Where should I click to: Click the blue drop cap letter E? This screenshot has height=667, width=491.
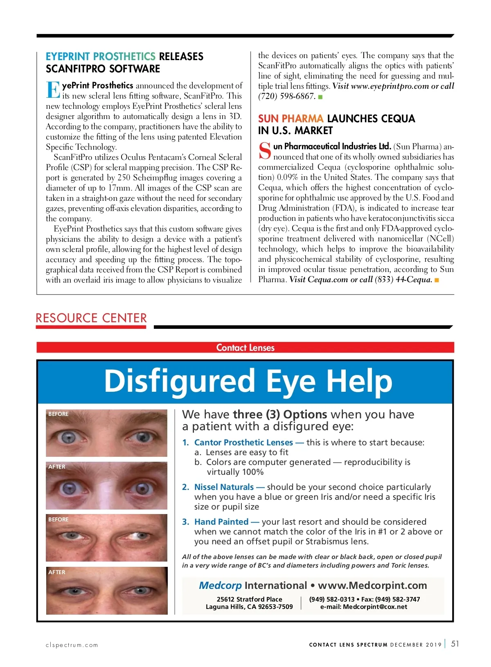click(x=53, y=90)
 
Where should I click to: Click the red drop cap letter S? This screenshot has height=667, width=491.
click(x=265, y=151)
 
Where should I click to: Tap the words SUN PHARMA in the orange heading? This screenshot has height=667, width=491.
click(x=291, y=119)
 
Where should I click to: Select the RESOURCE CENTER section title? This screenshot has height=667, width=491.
click(x=91, y=318)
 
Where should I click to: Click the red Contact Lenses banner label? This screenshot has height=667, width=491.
click(x=245, y=348)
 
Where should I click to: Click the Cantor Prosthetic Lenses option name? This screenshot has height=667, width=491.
click(x=243, y=442)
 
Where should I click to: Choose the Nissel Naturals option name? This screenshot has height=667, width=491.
click(x=224, y=487)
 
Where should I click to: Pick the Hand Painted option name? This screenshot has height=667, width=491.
click(x=221, y=522)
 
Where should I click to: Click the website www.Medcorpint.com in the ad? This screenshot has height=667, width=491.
click(x=372, y=586)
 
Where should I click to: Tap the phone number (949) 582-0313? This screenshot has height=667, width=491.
click(x=332, y=599)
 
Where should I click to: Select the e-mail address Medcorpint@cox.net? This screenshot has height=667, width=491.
click(x=375, y=607)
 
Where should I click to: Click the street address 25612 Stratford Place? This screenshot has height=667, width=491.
click(x=249, y=599)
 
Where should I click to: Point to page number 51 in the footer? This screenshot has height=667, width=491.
click(x=455, y=644)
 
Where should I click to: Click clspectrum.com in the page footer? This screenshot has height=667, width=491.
click(x=72, y=645)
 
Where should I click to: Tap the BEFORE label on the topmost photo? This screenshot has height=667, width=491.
click(x=59, y=414)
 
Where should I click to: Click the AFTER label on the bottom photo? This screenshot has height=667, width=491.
click(x=57, y=572)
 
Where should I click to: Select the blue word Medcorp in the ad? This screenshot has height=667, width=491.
click(x=220, y=586)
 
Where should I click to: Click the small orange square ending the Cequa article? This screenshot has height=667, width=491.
click(x=437, y=280)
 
